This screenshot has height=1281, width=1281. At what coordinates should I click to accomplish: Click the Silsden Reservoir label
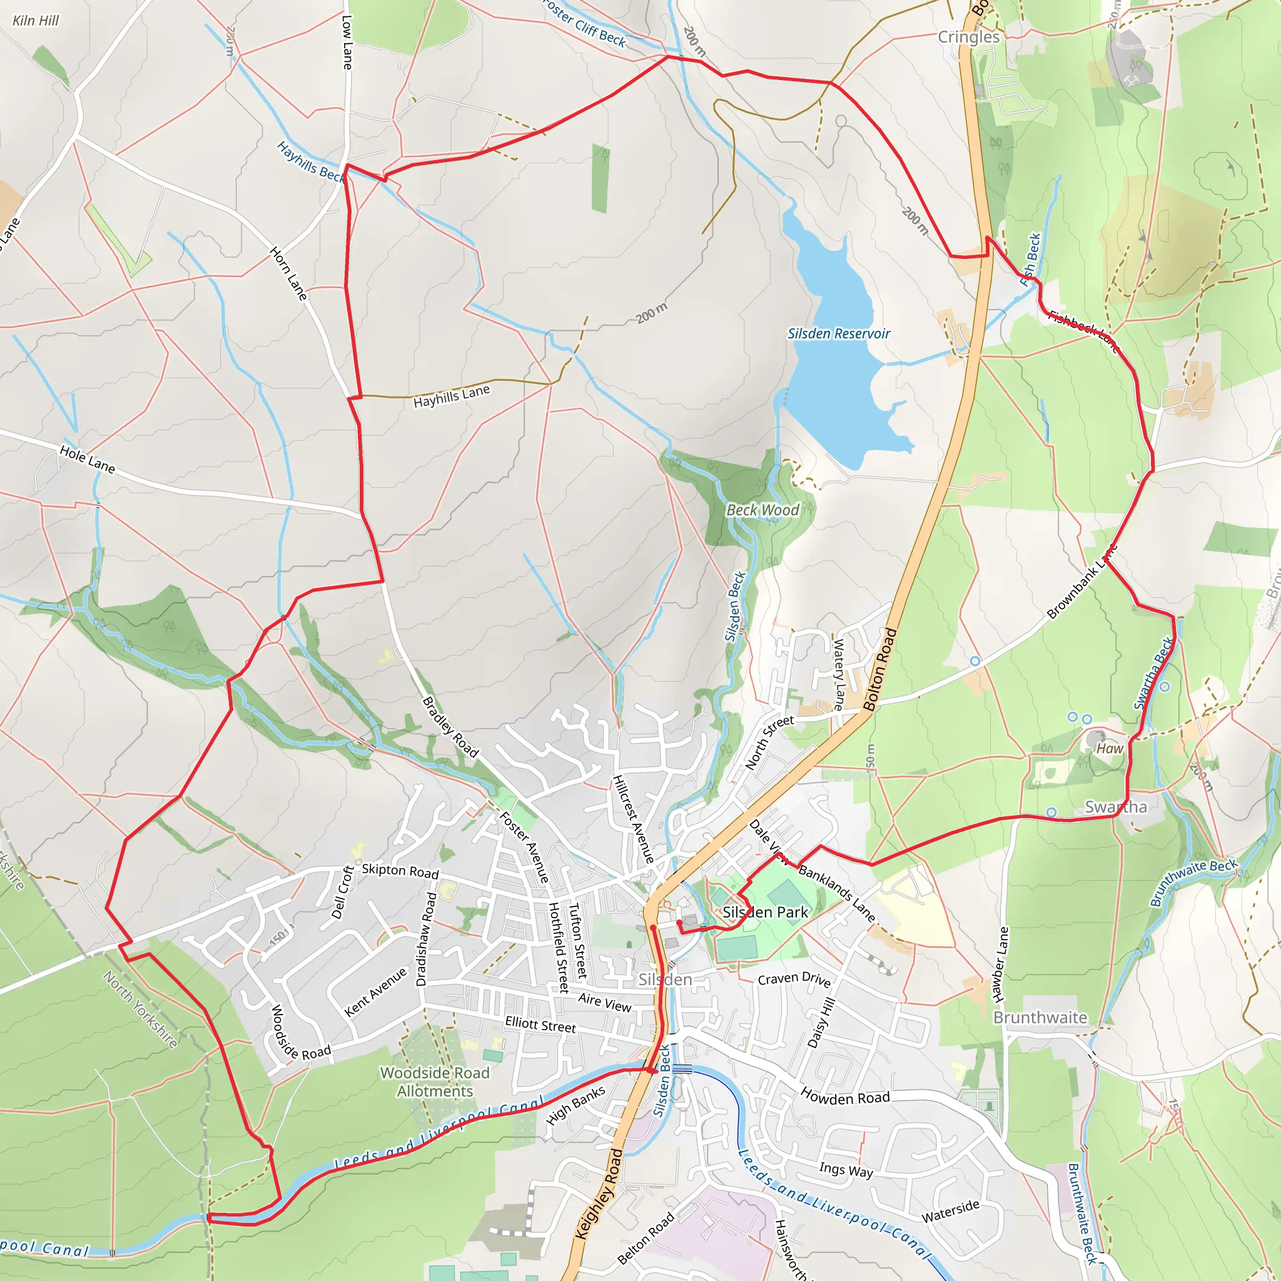pyautogui.click(x=838, y=333)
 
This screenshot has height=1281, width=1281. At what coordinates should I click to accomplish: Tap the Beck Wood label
pyautogui.click(x=762, y=510)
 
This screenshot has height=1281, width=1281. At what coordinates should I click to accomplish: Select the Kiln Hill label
pyautogui.click(x=36, y=21)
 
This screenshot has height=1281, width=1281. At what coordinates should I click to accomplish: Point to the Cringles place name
pyautogui.click(x=968, y=36)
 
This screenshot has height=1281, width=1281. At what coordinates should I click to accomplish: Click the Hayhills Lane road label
pyautogui.click(x=452, y=397)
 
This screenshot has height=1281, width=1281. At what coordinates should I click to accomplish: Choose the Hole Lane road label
pyautogui.click(x=88, y=460)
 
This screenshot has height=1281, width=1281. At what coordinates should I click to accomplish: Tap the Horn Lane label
pyautogui.click(x=289, y=273)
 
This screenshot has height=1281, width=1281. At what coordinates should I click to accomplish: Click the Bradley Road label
pyautogui.click(x=450, y=727)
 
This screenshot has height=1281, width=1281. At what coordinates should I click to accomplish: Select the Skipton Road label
pyautogui.click(x=400, y=871)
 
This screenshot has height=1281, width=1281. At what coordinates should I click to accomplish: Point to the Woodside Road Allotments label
pyautogui.click(x=435, y=1081)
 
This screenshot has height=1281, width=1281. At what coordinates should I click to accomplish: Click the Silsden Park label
pyautogui.click(x=765, y=913)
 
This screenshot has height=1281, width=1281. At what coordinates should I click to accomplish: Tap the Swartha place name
pyautogui.click(x=1115, y=807)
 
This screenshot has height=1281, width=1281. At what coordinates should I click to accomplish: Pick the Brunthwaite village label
pyautogui.click(x=1040, y=1018)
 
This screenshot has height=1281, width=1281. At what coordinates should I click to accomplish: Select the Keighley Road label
pyautogui.click(x=599, y=1194)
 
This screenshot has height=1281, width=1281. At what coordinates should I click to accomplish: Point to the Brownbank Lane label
pyautogui.click(x=1082, y=582)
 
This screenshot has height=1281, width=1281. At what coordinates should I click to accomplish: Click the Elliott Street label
pyautogui.click(x=540, y=1025)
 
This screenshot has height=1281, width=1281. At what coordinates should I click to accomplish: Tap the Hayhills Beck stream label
pyautogui.click(x=310, y=161)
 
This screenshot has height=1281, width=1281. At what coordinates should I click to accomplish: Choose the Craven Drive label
pyautogui.click(x=794, y=979)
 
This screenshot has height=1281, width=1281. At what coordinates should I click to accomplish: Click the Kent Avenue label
pyautogui.click(x=376, y=992)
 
